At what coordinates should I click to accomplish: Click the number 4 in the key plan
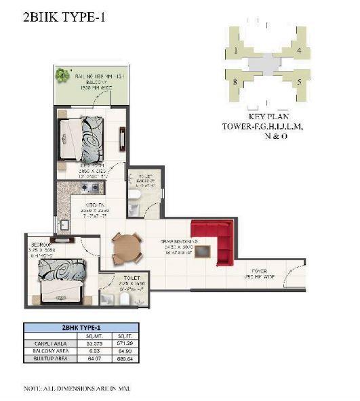pos(298,51)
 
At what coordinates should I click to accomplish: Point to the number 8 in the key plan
pos(235,82)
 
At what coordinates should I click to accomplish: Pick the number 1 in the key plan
pos(235,51)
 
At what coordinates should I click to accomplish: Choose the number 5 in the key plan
pos(298,82)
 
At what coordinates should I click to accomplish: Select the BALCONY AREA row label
pos(47,352)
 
